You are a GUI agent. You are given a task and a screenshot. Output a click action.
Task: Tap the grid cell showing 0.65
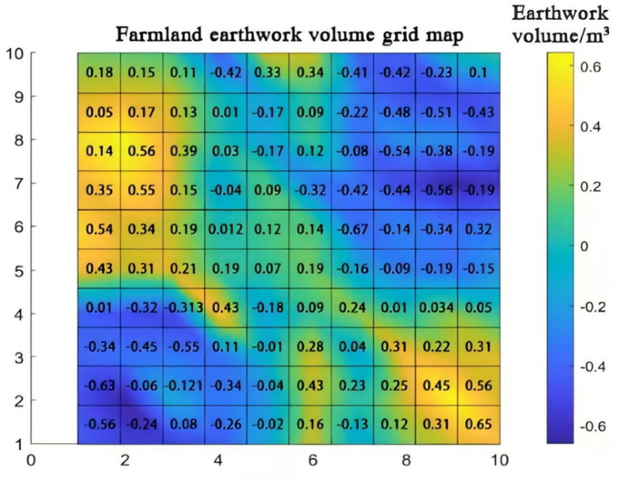click(478, 424)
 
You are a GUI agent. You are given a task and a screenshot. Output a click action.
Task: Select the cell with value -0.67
click(352, 229)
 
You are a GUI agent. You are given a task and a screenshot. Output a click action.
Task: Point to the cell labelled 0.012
click(225, 229)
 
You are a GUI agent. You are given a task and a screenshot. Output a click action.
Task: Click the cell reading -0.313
click(183, 307)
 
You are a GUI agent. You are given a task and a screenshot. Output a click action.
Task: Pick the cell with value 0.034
click(436, 307)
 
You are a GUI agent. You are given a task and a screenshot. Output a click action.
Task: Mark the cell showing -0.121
click(183, 385)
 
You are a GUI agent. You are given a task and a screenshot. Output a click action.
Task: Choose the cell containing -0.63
click(99, 385)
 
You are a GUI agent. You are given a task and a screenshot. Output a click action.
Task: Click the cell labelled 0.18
click(99, 71)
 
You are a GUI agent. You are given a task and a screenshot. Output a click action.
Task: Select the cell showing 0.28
click(309, 346)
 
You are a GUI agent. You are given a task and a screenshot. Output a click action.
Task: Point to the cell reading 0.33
click(267, 71)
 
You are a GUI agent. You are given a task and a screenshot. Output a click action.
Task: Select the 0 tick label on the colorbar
click(583, 246)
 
